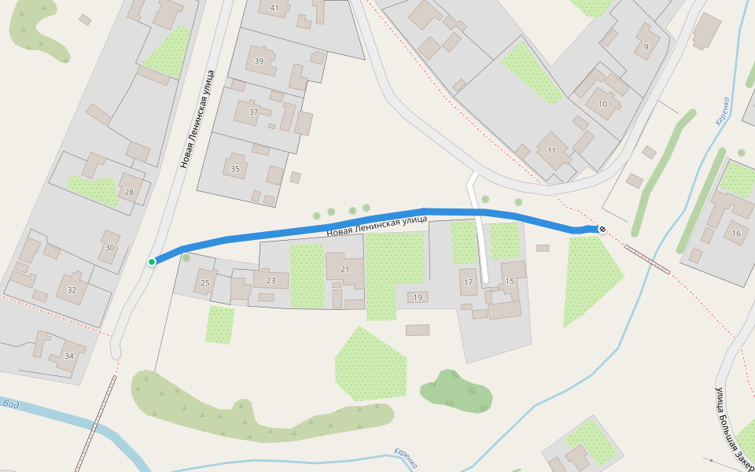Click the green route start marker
[x=152, y=261]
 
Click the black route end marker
[x=602, y=229]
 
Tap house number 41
[x=274, y=8]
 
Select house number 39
[x=259, y=61]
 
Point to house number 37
[x=253, y=112]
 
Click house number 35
[x=234, y=168]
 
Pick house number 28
[x=129, y=192]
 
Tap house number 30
[x=109, y=248]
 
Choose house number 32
[x=72, y=289]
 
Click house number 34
[x=69, y=356]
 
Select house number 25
[x=205, y=282]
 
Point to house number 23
[x=271, y=280]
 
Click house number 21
[x=344, y=269]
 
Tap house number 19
[x=418, y=297]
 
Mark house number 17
[x=468, y=282]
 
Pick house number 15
[x=509, y=281]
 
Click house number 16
[x=736, y=233]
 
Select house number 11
[x=551, y=150]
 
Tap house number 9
[x=646, y=47]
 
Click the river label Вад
[x=10, y=404]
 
